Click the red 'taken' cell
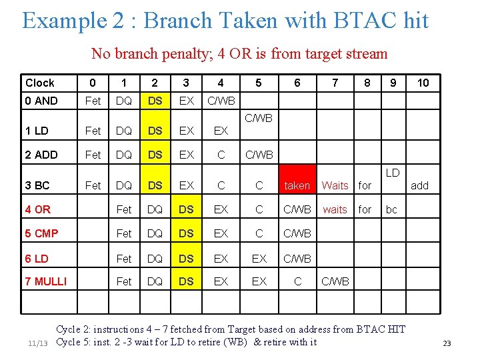pos(297,185)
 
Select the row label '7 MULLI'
pos(46,281)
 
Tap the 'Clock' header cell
pos(40,83)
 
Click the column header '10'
pos(423,83)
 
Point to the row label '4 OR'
pos(38,209)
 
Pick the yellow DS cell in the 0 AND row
pos(155,101)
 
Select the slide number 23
pos(447,343)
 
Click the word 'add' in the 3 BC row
pos(420,185)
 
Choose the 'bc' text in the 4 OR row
pos(391,209)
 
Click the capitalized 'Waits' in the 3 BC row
pos(335,185)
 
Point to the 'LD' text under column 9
pos(393,173)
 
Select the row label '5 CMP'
pos(41,233)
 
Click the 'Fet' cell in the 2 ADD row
pos(93,155)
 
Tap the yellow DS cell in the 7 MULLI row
pos(186,281)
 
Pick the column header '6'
pos(297,83)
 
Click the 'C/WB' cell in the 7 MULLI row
pos(335,281)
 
